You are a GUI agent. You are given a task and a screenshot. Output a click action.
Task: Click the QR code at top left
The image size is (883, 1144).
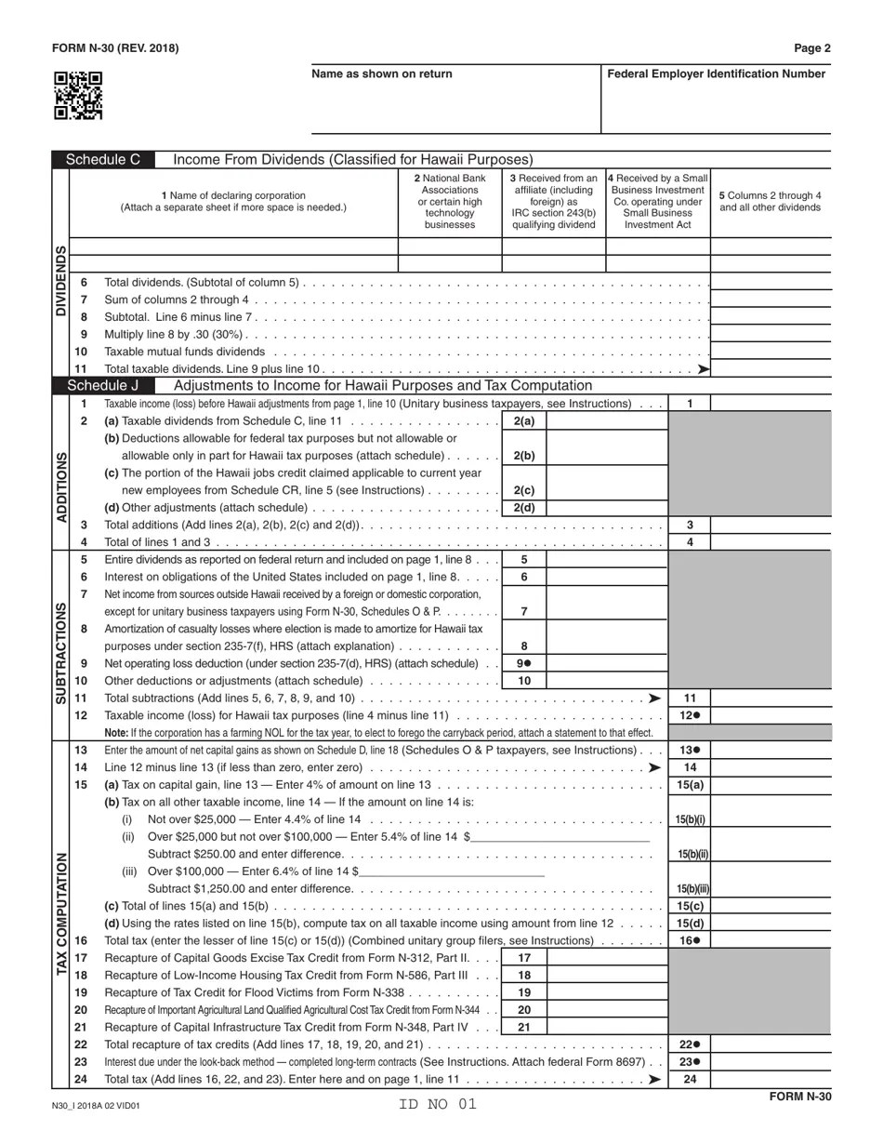(x=78, y=96)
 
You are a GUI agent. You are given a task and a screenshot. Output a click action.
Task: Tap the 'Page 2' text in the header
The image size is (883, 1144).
(x=812, y=48)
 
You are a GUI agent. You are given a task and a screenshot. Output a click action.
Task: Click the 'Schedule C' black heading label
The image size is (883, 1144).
(x=103, y=160)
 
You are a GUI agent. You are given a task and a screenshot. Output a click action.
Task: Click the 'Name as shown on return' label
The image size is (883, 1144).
(x=382, y=74)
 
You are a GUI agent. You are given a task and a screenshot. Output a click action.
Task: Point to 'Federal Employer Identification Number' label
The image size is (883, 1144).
(x=716, y=74)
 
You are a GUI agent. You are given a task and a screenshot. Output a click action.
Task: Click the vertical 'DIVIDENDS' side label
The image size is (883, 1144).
(x=60, y=281)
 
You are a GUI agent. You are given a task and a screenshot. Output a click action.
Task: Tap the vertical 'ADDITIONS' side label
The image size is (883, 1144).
(x=62, y=487)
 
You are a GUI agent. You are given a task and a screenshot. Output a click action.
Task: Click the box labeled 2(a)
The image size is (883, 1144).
(x=524, y=421)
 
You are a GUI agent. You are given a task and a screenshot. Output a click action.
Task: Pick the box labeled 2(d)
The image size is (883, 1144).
(x=524, y=508)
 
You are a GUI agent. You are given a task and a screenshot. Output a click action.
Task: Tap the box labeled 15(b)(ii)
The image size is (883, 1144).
(x=690, y=854)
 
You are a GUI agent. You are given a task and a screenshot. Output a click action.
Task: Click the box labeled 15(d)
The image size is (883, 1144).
(x=690, y=924)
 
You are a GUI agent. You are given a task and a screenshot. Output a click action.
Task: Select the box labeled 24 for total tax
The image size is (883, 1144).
(x=690, y=1080)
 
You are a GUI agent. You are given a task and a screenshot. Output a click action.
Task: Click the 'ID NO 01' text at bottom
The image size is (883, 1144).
(x=438, y=1105)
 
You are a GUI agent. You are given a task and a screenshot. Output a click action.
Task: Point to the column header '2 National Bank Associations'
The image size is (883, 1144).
(x=450, y=201)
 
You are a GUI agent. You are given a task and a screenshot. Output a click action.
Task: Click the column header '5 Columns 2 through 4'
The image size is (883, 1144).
(x=770, y=201)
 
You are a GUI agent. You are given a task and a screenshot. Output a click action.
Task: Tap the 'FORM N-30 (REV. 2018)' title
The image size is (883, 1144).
(x=115, y=48)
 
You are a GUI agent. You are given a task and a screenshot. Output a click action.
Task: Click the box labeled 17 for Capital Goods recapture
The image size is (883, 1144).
(x=524, y=958)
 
